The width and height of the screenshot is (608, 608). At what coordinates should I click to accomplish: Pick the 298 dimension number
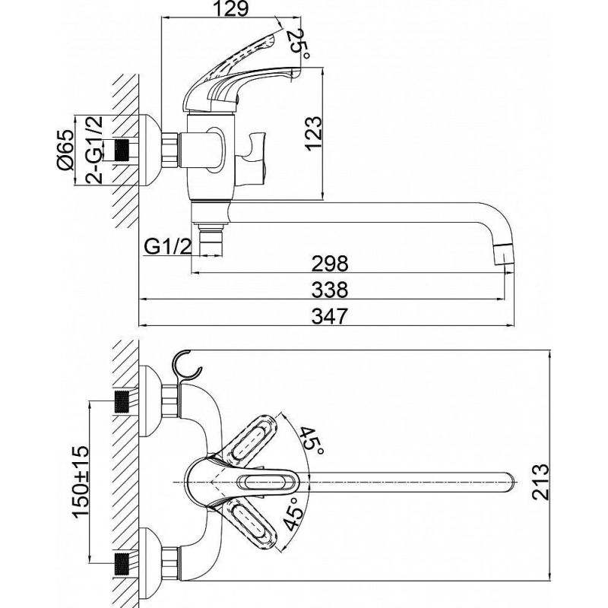pyautogui.click(x=330, y=263)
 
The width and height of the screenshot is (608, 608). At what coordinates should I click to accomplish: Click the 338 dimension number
pyautogui.click(x=330, y=290)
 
